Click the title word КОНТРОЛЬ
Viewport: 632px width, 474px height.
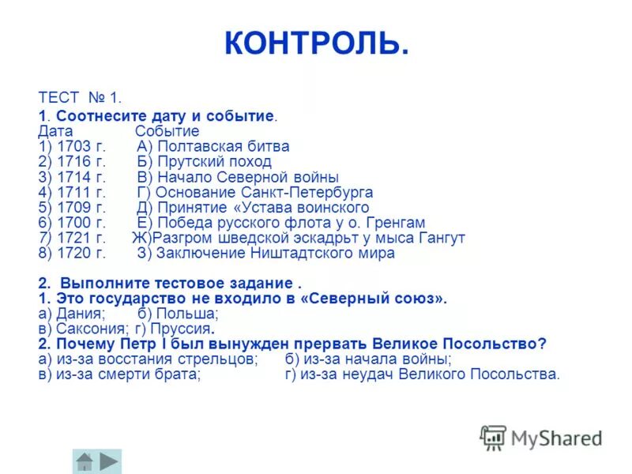(x=316, y=43)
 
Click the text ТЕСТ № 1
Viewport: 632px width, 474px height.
(x=80, y=98)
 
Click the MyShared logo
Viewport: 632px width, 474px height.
(x=541, y=438)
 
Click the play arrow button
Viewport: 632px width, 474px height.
(x=110, y=461)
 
